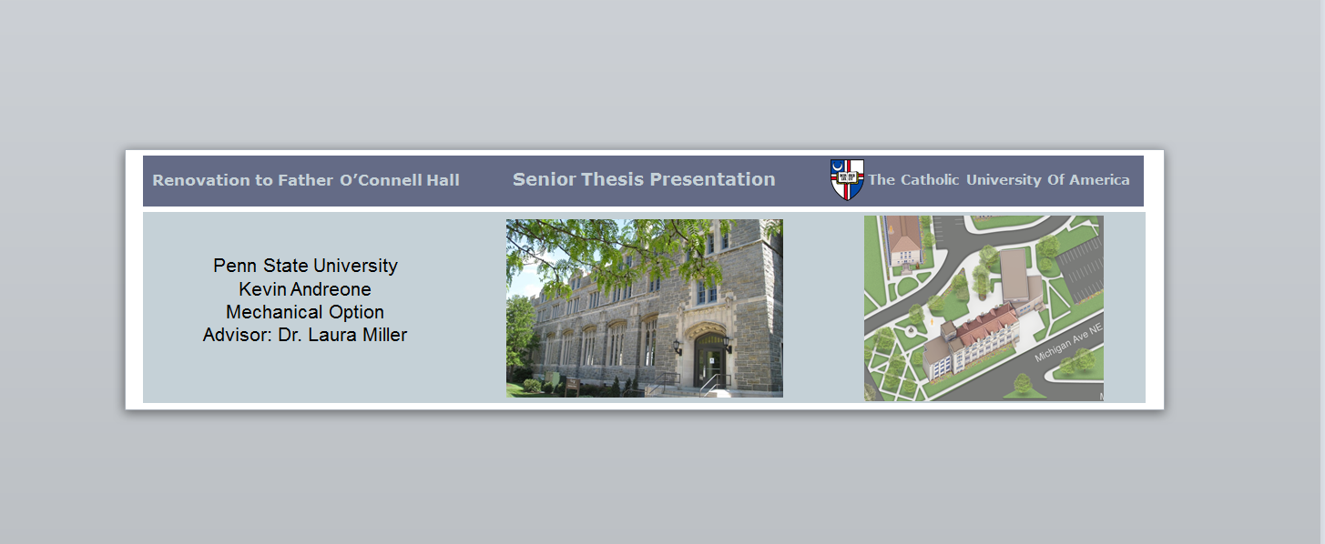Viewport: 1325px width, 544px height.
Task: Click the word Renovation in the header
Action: [201, 180]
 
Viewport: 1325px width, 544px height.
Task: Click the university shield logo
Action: [847, 179]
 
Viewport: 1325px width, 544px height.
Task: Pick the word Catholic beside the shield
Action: [930, 179]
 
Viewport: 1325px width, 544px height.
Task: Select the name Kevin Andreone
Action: [305, 289]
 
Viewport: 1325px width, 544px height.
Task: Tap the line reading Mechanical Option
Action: [305, 312]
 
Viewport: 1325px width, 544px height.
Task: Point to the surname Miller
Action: [384, 335]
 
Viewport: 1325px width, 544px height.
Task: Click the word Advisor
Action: [238, 335]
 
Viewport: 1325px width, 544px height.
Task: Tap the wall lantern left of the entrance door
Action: [678, 348]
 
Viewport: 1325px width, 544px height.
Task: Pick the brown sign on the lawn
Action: [572, 386]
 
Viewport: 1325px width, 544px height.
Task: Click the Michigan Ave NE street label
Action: [1068, 343]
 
